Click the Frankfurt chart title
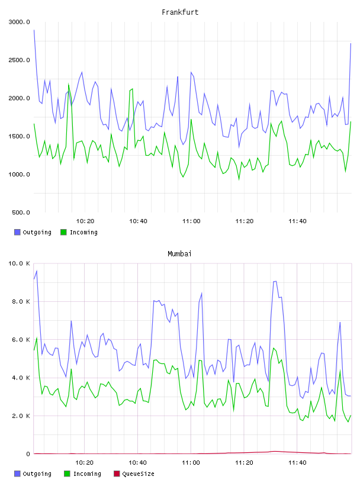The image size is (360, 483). pyautogui.click(x=180, y=12)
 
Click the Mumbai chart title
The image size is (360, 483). pyautogui.click(x=179, y=253)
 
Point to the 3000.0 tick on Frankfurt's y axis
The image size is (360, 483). pyautogui.click(x=19, y=22)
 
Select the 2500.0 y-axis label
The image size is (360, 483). pyautogui.click(x=19, y=60)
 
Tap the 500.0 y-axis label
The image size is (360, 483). pyautogui.click(x=21, y=212)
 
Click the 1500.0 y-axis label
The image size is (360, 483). pyautogui.click(x=19, y=137)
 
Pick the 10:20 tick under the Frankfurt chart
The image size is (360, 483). pyautogui.click(x=85, y=221)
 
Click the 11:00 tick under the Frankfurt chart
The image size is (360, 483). pyautogui.click(x=191, y=221)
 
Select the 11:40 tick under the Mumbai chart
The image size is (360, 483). pyautogui.click(x=297, y=463)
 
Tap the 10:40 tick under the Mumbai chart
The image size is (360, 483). pyautogui.click(x=138, y=463)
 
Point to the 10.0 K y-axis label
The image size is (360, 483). pyautogui.click(x=19, y=263)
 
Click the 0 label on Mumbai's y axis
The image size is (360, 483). pyautogui.click(x=28, y=454)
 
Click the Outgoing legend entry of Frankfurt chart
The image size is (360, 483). pyautogui.click(x=33, y=232)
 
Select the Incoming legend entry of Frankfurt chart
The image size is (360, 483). pyautogui.click(x=79, y=232)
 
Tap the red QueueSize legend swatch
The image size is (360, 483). pyautogui.click(x=117, y=474)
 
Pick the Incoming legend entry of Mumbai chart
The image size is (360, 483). pyautogui.click(x=82, y=474)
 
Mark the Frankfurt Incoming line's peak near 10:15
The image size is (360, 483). pyautogui.click(x=69, y=83)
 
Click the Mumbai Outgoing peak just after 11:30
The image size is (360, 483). pyautogui.click(x=275, y=281)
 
